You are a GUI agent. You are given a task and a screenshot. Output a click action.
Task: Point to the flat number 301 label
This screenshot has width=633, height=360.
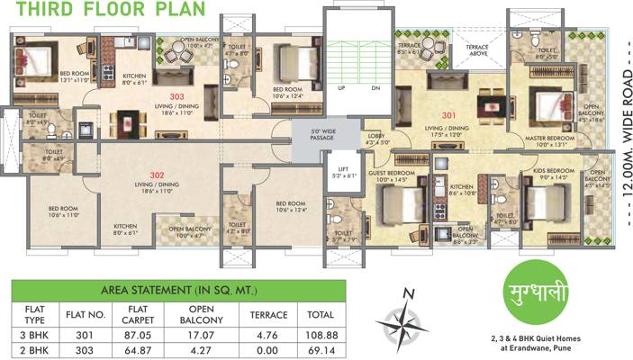(x=449, y=114)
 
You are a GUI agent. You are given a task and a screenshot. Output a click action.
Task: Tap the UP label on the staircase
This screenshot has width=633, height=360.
(x=342, y=88)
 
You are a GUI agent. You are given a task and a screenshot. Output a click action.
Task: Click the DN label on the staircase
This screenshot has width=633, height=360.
(x=375, y=88)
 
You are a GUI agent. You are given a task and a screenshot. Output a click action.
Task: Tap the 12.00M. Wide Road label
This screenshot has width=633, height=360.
(x=625, y=117)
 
